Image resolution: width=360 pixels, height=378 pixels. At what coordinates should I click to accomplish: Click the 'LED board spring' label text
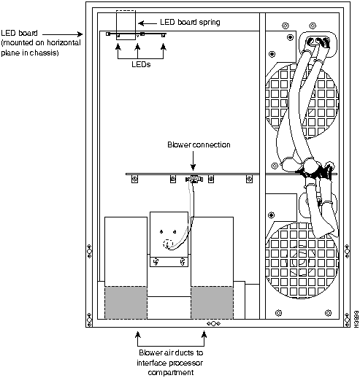click(x=190, y=22)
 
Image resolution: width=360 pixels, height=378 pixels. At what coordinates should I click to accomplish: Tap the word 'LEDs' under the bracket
click(x=141, y=64)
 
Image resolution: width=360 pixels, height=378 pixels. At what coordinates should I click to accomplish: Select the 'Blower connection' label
click(x=199, y=144)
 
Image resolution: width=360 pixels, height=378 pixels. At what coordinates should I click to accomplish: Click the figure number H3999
click(x=356, y=319)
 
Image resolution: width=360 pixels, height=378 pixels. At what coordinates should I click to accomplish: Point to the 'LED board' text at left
click(x=19, y=33)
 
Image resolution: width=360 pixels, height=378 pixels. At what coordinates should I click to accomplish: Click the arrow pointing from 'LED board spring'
click(x=148, y=23)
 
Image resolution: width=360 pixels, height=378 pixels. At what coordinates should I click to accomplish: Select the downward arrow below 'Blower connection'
click(x=193, y=161)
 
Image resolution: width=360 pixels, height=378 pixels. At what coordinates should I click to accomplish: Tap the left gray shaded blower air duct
click(x=126, y=303)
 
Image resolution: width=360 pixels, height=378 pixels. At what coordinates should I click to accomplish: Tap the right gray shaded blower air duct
click(x=212, y=303)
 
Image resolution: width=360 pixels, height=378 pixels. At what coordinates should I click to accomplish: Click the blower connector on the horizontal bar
click(x=194, y=180)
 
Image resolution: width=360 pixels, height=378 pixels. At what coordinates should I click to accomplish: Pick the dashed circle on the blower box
click(x=168, y=244)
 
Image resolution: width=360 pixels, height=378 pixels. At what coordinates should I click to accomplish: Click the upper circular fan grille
click(x=302, y=101)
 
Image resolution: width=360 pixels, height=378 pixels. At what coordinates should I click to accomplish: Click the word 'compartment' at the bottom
click(x=171, y=372)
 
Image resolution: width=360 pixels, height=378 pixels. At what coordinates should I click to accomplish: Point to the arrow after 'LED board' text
click(x=63, y=34)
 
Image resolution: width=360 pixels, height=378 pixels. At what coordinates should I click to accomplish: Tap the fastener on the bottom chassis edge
click(x=213, y=323)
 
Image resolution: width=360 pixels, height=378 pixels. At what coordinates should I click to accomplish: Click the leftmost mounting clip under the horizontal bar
click(x=134, y=180)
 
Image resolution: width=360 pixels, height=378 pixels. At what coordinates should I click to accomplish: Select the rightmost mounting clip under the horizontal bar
click(x=249, y=180)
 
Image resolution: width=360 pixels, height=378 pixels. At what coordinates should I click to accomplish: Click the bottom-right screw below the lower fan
click(x=328, y=313)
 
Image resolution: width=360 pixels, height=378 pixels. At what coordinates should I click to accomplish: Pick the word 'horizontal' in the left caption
click(x=64, y=43)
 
